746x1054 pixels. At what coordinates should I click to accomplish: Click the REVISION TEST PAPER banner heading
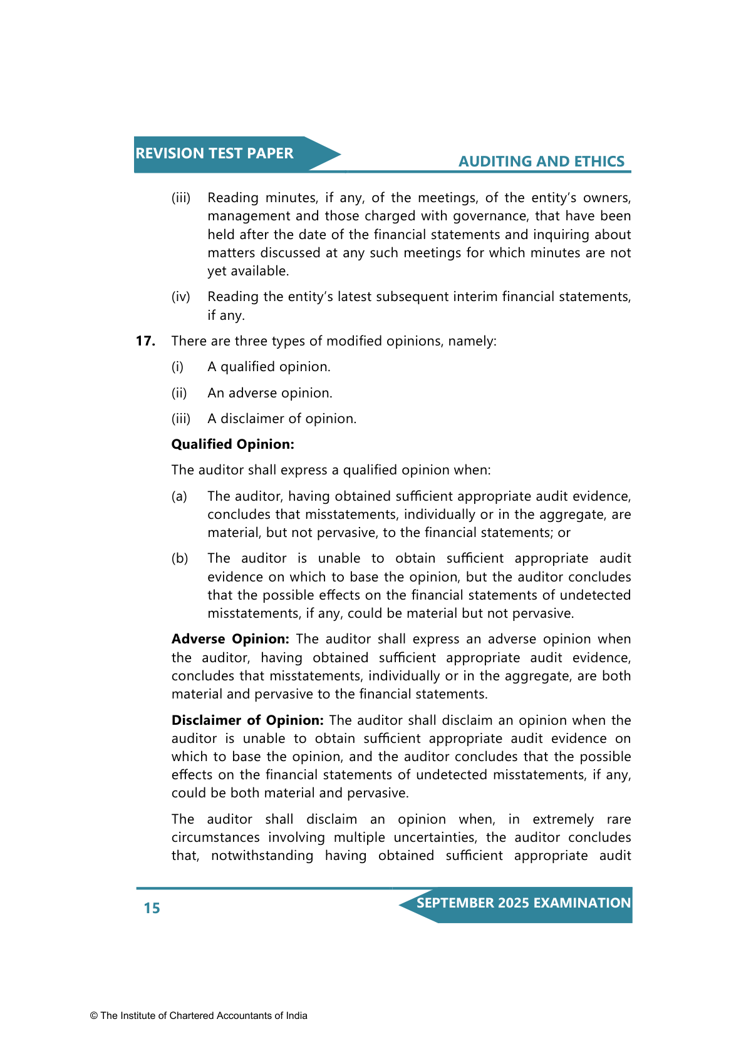[x=214, y=153]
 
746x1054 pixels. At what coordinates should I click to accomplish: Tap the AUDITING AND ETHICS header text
[x=541, y=161]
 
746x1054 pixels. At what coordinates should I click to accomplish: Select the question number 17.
[x=145, y=341]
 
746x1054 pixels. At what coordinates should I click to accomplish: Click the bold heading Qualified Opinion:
[x=232, y=444]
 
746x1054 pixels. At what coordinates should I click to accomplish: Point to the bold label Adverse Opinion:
[x=230, y=639]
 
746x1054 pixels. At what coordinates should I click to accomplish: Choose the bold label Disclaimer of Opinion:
[x=247, y=720]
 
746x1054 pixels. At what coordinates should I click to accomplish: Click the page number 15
[x=152, y=908]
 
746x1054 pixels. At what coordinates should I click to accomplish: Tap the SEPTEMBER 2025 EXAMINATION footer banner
[x=523, y=903]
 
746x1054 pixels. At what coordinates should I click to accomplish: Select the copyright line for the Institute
[x=199, y=1016]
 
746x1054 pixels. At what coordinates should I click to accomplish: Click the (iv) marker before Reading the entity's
[x=180, y=297]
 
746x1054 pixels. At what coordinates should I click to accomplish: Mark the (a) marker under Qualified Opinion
[x=179, y=496]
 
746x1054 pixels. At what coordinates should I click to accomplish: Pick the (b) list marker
[x=180, y=558]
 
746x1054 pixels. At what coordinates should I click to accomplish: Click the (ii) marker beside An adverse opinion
[x=179, y=393]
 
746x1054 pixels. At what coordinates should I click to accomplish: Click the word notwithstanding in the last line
[x=262, y=856]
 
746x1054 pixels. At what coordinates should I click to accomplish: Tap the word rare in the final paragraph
[x=619, y=819]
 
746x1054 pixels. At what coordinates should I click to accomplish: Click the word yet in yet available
[x=217, y=271]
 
